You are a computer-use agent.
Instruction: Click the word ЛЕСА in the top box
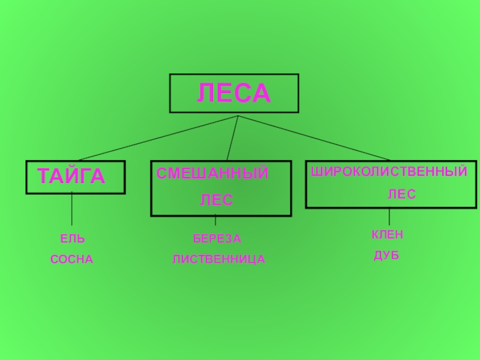(234, 94)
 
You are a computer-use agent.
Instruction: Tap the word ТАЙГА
(71, 176)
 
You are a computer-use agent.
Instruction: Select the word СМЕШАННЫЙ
(212, 174)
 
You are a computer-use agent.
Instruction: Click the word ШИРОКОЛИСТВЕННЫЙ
(389, 172)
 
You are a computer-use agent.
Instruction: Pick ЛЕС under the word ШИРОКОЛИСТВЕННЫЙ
(401, 194)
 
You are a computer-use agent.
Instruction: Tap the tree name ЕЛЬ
(73, 239)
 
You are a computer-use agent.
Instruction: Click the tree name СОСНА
(72, 260)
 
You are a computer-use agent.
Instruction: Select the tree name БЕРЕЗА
(217, 239)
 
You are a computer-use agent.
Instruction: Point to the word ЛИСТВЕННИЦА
(219, 260)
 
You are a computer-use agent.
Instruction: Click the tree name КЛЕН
(387, 235)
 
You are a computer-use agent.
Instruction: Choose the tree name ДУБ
(387, 256)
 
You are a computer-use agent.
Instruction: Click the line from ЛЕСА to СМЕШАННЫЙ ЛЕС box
(233, 138)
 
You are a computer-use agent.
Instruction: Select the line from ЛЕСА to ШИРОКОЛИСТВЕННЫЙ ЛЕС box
(312, 138)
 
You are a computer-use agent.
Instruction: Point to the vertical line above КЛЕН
(389, 216)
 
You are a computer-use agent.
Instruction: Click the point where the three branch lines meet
(238, 116)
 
